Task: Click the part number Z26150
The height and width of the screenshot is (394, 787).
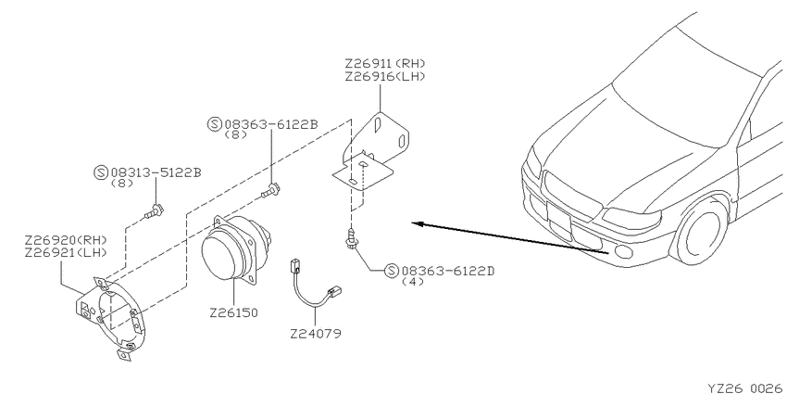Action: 233,312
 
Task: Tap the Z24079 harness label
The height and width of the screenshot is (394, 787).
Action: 315,333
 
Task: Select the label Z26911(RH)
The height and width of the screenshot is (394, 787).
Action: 385,63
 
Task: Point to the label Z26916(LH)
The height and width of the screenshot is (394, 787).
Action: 385,76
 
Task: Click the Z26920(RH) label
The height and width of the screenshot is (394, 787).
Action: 66,239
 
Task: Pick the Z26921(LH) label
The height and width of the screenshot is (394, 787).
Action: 66,252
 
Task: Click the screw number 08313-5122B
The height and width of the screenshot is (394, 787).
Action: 156,172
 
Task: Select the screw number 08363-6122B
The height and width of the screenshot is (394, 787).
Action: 271,124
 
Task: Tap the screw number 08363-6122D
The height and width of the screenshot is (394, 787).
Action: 447,271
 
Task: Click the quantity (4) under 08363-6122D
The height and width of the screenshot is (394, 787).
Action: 413,282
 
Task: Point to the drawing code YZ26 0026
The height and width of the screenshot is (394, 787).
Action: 744,388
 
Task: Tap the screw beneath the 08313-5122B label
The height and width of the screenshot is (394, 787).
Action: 154,211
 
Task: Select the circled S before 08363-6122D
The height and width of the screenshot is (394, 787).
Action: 392,271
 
